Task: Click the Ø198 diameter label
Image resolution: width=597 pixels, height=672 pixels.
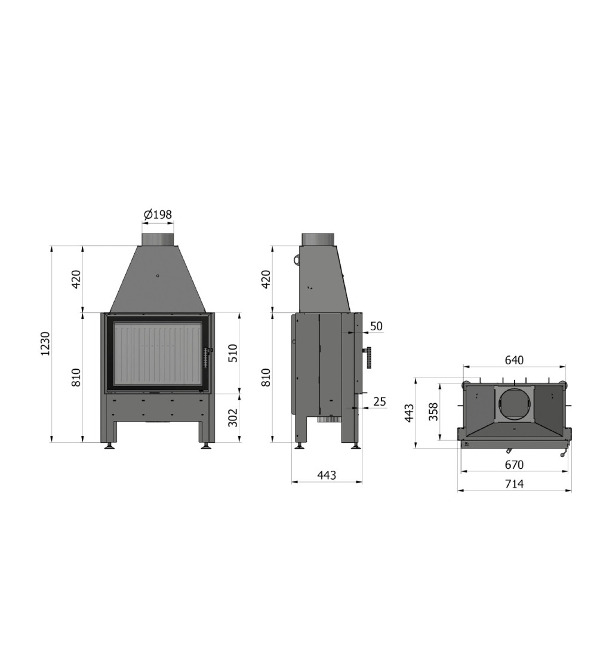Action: click(x=158, y=214)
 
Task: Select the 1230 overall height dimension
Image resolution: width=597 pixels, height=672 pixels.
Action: click(x=45, y=343)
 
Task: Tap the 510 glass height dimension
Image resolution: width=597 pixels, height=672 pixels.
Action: click(x=233, y=353)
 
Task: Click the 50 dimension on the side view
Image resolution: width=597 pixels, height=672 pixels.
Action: click(x=376, y=326)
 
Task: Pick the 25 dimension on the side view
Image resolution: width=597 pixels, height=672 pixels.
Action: click(x=380, y=401)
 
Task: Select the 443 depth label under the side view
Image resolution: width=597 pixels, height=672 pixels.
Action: click(x=327, y=475)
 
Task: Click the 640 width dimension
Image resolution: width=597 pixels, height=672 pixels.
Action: click(x=513, y=360)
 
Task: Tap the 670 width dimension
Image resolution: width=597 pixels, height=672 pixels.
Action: click(x=514, y=465)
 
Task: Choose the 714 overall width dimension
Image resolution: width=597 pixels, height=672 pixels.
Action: click(x=514, y=484)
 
